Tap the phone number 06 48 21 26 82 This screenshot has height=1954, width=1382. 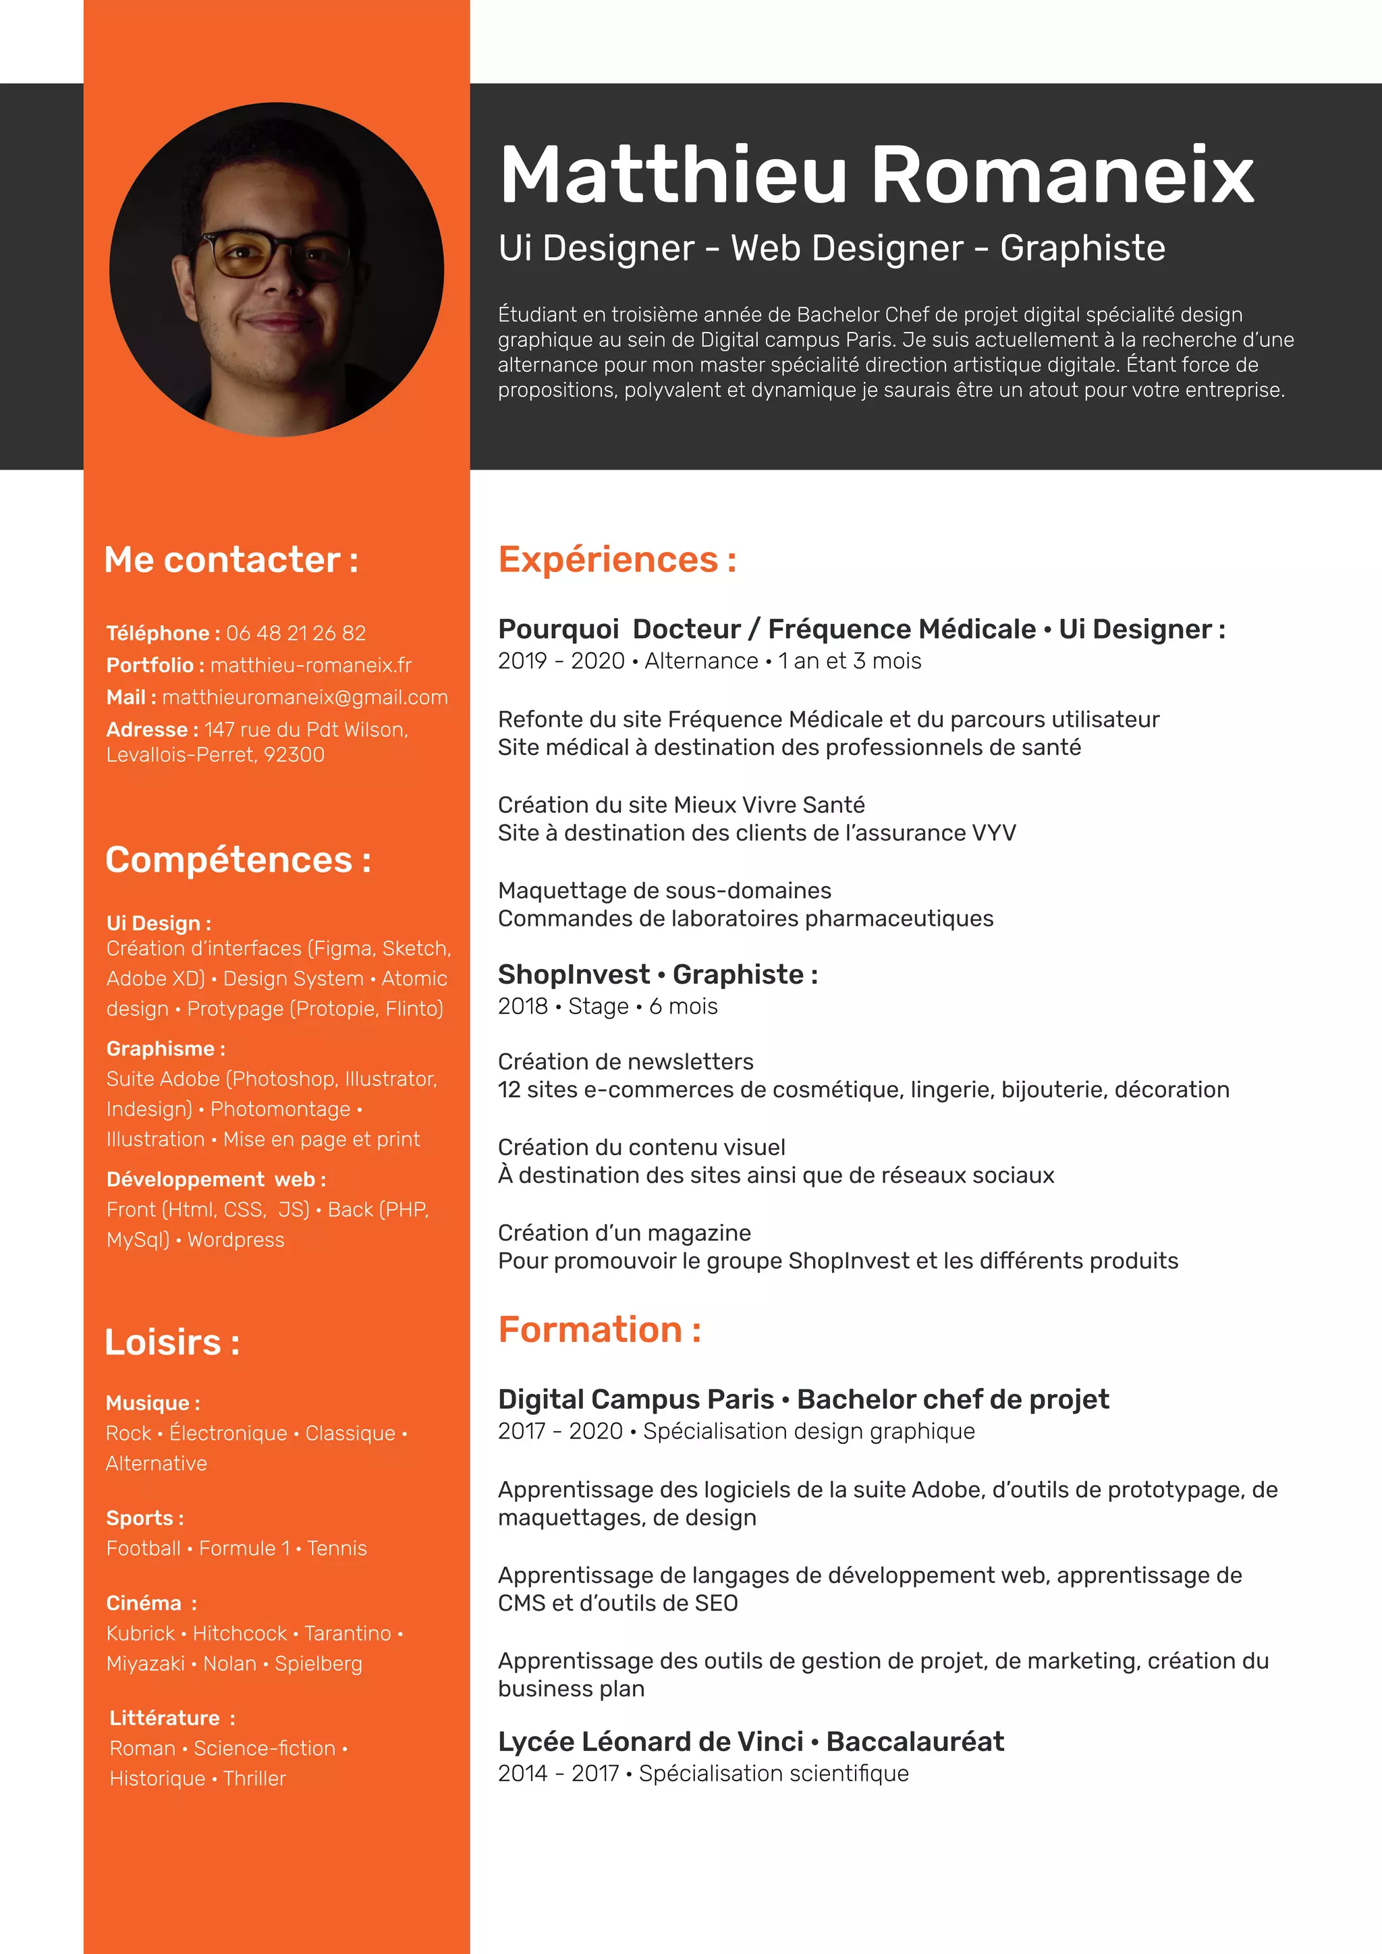[296, 633]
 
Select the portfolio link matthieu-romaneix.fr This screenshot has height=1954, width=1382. [310, 665]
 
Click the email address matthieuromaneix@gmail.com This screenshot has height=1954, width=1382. [304, 698]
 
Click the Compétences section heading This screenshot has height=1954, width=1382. [238, 860]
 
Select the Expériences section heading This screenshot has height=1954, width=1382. [617, 560]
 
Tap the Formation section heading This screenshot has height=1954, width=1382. [599, 1330]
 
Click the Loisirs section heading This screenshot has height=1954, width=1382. [172, 1342]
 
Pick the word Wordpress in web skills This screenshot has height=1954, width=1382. [236, 1240]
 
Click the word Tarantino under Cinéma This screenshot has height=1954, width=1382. [348, 1633]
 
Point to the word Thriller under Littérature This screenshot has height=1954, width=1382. [254, 1779]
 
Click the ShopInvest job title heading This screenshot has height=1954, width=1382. [657, 974]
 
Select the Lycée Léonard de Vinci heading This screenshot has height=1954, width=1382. [750, 1742]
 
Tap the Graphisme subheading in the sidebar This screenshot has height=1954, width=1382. [165, 1049]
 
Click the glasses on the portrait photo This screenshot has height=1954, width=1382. [274, 254]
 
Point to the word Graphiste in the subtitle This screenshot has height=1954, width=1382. [1082, 248]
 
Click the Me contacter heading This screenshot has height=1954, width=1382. [231, 560]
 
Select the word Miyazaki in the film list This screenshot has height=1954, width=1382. [144, 1663]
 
